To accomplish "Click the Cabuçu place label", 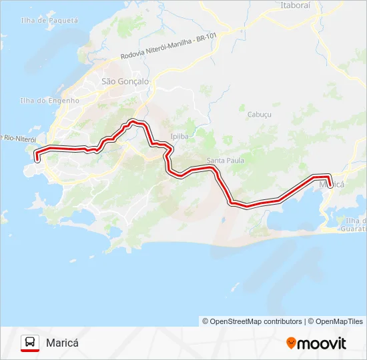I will [x=260, y=114].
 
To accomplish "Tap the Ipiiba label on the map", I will [x=181, y=135].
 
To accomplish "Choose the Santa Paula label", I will [x=226, y=161].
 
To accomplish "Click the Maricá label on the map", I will [x=332, y=184].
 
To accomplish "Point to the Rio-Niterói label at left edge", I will [x=18, y=138].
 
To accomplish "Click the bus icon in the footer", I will [x=30, y=343].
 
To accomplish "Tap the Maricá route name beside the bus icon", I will [x=63, y=343].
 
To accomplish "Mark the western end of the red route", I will [x=37, y=159].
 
